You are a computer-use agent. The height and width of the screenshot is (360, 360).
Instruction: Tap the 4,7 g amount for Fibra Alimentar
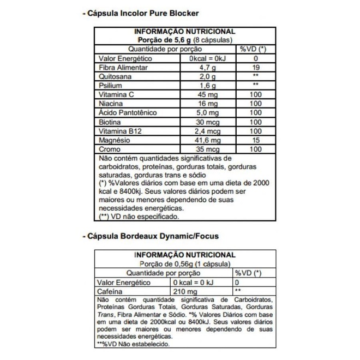point(207,68)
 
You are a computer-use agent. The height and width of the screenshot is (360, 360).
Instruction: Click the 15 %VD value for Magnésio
point(255,140)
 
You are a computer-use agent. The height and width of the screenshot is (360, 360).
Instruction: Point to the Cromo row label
point(109,149)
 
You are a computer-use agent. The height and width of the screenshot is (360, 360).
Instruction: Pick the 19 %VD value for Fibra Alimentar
point(255,68)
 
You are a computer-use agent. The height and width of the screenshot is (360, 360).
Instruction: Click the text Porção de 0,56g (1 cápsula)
point(185,263)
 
